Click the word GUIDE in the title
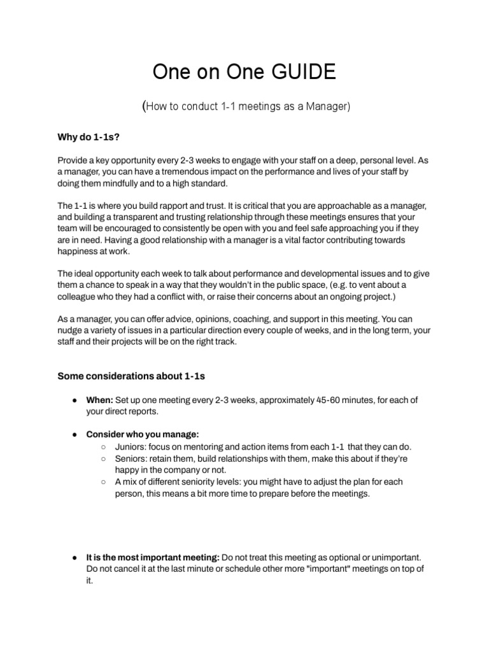coord(302,73)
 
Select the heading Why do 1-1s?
coord(85,138)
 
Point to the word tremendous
coord(184,173)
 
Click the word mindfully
coord(120,183)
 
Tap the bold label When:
coord(99,400)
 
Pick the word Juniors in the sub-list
coord(131,446)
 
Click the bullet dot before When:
coord(75,400)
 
